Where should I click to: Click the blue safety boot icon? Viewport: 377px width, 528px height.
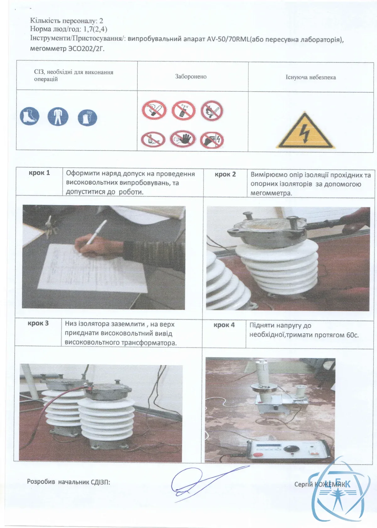click(x=29, y=116)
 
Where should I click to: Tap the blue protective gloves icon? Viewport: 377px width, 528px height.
click(x=87, y=118)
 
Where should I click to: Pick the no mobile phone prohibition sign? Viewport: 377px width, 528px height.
click(x=183, y=110)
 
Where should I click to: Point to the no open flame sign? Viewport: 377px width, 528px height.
click(x=212, y=111)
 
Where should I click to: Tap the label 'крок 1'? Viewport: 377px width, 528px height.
click(x=39, y=173)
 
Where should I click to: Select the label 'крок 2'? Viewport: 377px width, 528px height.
click(x=225, y=174)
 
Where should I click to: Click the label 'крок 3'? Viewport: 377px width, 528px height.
click(x=38, y=323)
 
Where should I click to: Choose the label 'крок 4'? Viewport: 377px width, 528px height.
click(x=224, y=325)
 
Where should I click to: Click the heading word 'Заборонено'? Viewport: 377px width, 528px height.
click(x=191, y=77)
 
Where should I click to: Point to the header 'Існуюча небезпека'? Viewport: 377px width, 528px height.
click(x=311, y=77)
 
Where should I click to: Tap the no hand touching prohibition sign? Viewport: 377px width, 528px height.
click(x=183, y=139)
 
